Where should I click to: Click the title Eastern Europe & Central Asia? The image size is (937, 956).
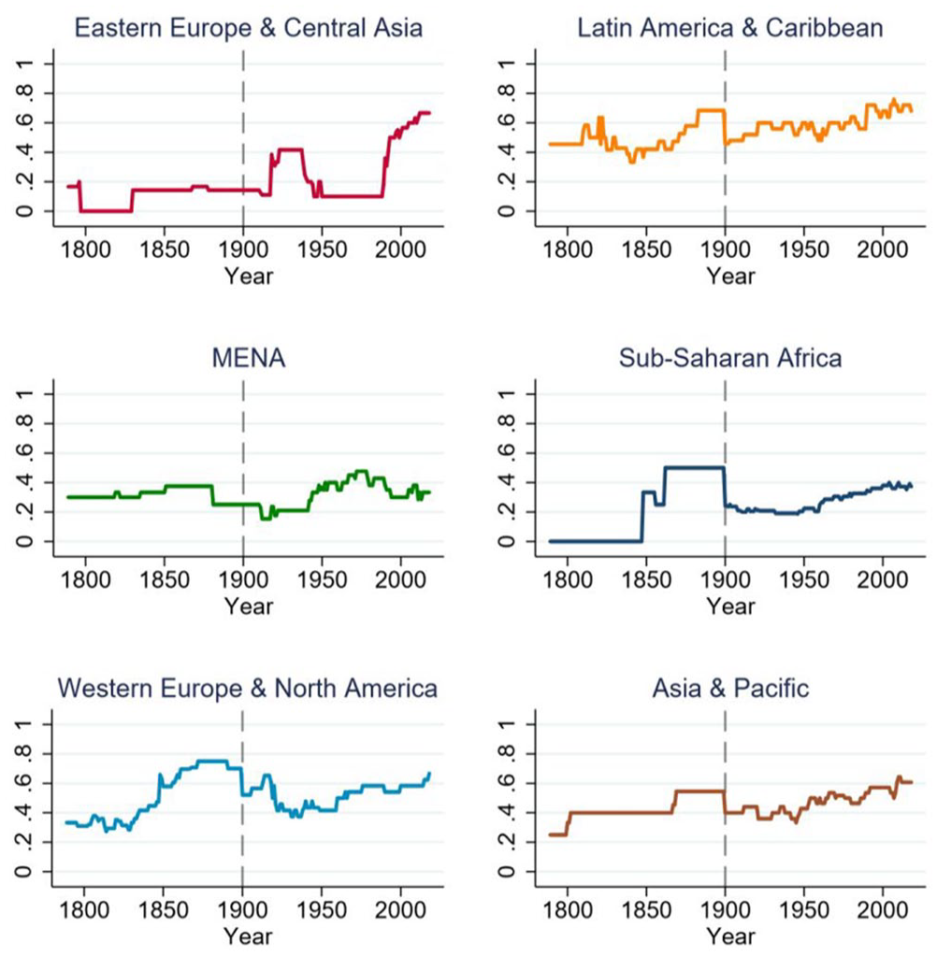click(249, 28)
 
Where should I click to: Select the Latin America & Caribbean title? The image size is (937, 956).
click(730, 28)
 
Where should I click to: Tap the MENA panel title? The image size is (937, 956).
click(249, 358)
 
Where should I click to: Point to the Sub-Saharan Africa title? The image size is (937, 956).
click(730, 358)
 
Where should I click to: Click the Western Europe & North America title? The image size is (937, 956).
click(248, 689)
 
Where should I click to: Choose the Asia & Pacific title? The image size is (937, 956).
click(730, 689)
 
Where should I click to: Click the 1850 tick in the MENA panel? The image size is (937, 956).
click(164, 579)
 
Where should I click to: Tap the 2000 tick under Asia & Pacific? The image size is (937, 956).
click(882, 909)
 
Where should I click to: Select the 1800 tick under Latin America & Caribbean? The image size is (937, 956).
click(568, 250)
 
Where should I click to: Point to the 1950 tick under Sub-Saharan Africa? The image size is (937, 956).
click(804, 579)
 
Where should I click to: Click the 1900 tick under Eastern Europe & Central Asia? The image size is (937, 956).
click(243, 250)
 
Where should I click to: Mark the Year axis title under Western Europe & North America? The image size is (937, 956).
click(248, 935)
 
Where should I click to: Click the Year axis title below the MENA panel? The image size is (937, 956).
click(249, 606)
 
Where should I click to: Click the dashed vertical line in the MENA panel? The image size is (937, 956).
click(243, 468)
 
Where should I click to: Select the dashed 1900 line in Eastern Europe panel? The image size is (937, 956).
click(243, 137)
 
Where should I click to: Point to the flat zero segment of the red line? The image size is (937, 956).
click(107, 211)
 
